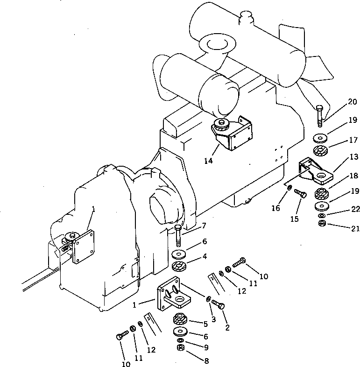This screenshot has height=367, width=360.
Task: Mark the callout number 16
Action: [x=276, y=208]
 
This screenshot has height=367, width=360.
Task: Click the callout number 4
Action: [x=204, y=256]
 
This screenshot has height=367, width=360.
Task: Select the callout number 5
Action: [x=204, y=323]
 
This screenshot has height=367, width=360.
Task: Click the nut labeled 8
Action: [x=179, y=348]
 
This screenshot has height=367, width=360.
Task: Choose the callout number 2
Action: [x=227, y=327]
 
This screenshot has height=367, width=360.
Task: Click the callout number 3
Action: [x=213, y=319]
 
